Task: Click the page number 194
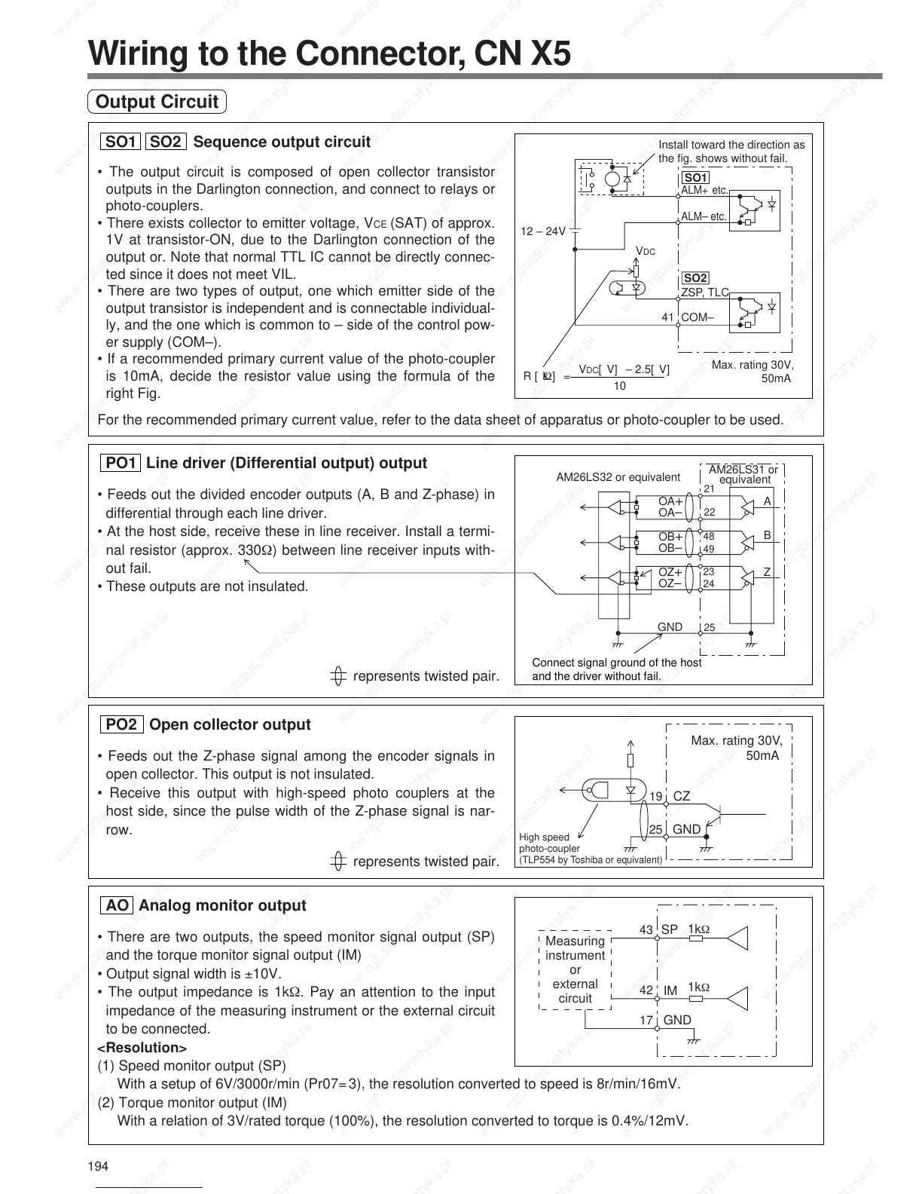point(99,1167)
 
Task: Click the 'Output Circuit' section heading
point(157,102)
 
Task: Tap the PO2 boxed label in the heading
point(122,724)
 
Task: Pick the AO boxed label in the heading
point(117,905)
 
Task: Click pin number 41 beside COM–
point(667,317)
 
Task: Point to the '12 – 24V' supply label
point(543,231)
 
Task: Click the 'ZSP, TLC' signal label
point(705,292)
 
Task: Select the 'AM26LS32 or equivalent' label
point(618,476)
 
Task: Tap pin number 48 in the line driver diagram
point(709,537)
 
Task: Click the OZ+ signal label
point(670,573)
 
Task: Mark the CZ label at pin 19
point(681,796)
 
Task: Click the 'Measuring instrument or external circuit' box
point(575,969)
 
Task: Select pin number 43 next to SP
point(646,930)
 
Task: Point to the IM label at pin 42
point(670,990)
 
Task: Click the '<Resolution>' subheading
point(142,1048)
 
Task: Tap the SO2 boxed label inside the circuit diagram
point(695,278)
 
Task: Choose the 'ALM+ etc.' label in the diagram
point(704,190)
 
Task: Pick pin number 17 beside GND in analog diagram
point(646,1020)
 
